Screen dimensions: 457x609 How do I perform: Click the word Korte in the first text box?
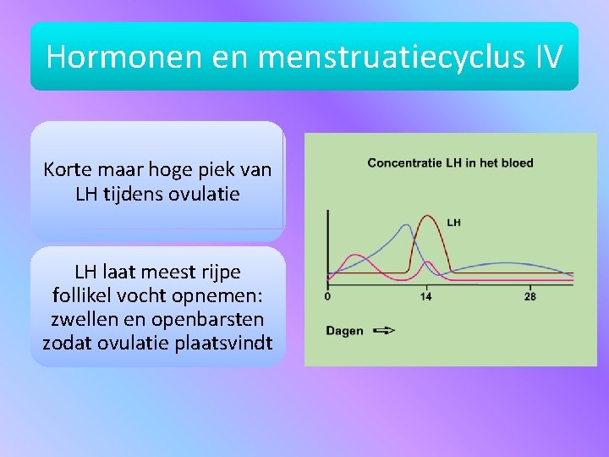67,169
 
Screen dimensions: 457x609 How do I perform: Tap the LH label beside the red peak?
453,223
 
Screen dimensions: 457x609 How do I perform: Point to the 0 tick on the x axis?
327,296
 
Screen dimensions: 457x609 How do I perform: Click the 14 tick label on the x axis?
425,296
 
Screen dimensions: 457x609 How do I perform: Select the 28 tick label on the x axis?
529,296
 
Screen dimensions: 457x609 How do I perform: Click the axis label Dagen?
345,331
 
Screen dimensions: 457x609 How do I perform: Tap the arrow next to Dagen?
383,331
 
